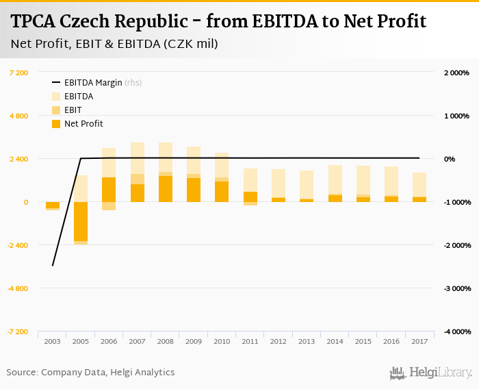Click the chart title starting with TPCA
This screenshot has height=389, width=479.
point(218,21)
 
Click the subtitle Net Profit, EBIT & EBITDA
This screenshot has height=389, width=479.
point(114,45)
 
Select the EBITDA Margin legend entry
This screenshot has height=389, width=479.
point(92,83)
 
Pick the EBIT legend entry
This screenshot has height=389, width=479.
point(73,110)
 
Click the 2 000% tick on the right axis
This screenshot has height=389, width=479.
point(455,73)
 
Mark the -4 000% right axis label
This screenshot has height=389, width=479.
point(454,331)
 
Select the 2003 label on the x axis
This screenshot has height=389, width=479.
point(52,340)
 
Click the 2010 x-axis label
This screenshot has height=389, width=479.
point(222,340)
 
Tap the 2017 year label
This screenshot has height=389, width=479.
point(419,340)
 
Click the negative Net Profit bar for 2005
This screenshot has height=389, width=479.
point(81,221)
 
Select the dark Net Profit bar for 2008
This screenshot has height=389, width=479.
point(166,189)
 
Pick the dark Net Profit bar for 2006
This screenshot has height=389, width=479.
point(109,190)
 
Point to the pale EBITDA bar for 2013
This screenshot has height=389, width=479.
point(307,184)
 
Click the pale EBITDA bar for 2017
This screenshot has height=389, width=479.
point(419,184)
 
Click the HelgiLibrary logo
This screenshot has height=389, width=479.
point(431,373)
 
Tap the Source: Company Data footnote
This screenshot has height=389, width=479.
point(91,373)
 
